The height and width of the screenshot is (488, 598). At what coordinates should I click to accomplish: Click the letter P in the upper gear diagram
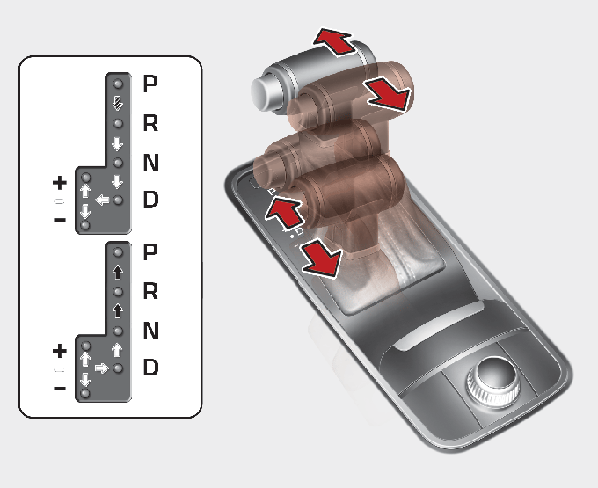point(150,84)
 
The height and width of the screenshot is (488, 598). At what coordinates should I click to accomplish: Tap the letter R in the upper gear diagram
point(150,123)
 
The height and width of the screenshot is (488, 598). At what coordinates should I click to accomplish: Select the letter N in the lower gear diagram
point(151,330)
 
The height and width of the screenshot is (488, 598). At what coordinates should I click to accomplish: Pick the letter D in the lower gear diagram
point(150,368)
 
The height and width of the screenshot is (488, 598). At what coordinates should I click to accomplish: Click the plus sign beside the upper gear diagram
point(60,183)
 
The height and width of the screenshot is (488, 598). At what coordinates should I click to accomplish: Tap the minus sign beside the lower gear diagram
point(60,389)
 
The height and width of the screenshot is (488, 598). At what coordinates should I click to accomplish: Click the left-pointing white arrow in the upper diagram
point(102,200)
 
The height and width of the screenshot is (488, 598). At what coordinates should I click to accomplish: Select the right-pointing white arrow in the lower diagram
point(102,368)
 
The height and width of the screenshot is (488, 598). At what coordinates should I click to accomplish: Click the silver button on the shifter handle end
point(264,91)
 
